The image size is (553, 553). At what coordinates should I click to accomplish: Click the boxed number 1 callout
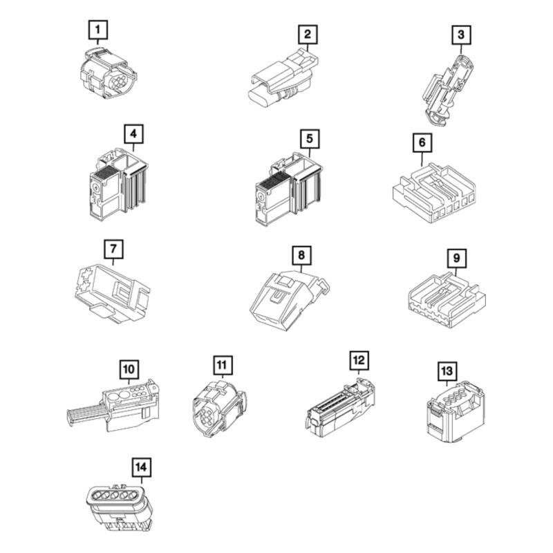[99, 30]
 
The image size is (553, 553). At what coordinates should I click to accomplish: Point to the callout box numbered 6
[421, 143]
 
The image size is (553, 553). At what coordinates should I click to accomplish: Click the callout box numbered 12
[359, 360]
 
